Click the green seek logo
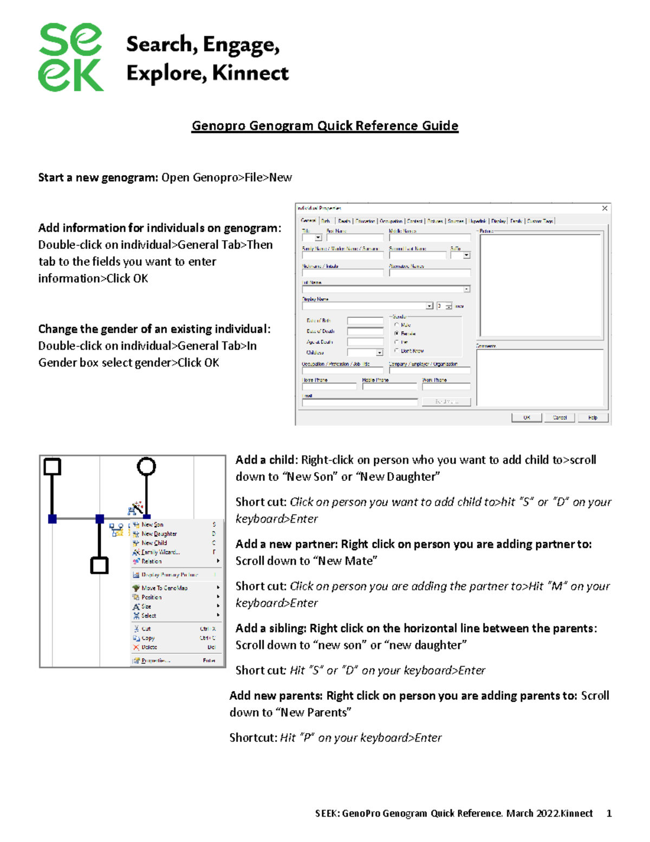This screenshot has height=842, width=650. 70,57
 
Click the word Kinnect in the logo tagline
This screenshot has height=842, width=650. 250,73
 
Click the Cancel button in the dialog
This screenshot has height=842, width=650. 560,417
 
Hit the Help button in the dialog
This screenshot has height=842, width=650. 593,417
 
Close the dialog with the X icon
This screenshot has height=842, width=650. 604,208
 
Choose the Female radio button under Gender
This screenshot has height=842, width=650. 397,333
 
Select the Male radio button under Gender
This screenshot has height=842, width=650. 397,325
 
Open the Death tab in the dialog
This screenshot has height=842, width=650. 344,221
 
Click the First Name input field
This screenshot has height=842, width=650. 355,237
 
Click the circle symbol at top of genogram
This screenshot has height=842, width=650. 146,466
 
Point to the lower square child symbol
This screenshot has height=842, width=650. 99,565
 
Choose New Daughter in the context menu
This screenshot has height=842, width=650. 159,534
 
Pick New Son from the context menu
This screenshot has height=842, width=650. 152,524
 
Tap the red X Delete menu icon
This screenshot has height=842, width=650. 136,647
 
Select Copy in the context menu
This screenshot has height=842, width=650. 148,638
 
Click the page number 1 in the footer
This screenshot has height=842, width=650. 609,813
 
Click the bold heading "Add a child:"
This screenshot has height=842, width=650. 266,460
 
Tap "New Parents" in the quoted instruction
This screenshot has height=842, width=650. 315,712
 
